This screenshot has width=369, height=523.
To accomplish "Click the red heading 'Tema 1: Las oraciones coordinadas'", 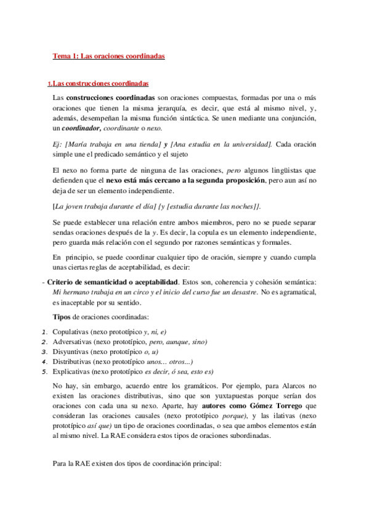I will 108,56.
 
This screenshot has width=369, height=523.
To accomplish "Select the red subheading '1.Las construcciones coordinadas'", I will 98,84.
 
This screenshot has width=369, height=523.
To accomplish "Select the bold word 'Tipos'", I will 63,317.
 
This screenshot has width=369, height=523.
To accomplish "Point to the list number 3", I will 44,352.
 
